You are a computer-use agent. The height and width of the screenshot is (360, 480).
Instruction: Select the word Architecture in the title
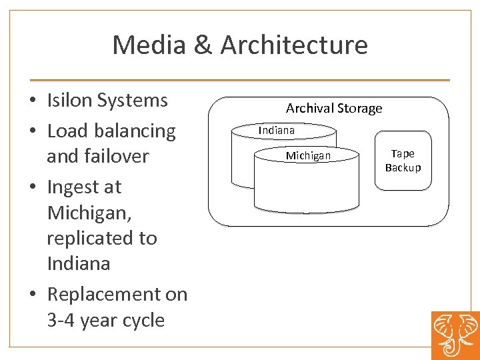[294, 45]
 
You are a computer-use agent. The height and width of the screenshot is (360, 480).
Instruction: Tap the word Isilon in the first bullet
[70, 101]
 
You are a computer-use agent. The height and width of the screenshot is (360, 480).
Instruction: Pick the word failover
[116, 156]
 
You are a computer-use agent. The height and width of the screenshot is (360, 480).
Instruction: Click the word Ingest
[75, 187]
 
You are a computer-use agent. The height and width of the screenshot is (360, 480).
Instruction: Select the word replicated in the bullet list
[102, 238]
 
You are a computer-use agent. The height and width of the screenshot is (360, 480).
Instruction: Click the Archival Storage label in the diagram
[334, 108]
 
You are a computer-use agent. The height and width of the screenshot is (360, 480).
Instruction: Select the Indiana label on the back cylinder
[277, 130]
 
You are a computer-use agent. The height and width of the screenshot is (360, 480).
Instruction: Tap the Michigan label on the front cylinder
[308, 155]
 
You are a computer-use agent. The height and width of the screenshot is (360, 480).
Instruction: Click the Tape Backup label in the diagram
[403, 161]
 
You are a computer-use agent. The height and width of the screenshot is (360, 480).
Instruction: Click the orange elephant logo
[455, 334]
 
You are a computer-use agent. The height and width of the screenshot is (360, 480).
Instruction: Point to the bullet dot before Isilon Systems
[32, 102]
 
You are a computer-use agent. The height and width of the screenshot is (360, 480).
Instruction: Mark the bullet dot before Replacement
[32, 296]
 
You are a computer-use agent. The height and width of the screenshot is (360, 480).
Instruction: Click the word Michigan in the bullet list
[85, 213]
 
